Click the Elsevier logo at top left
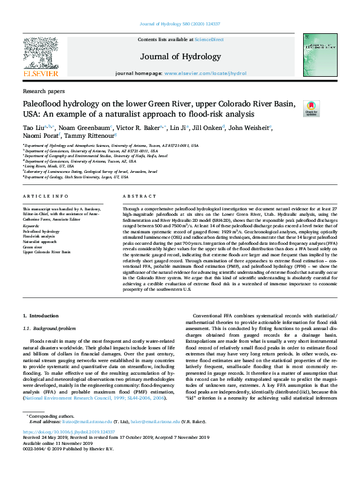(41, 56)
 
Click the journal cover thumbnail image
(319, 55)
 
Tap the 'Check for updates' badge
(311, 108)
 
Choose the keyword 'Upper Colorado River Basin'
(47, 251)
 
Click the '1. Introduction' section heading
(41, 316)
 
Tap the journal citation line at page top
(180, 25)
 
